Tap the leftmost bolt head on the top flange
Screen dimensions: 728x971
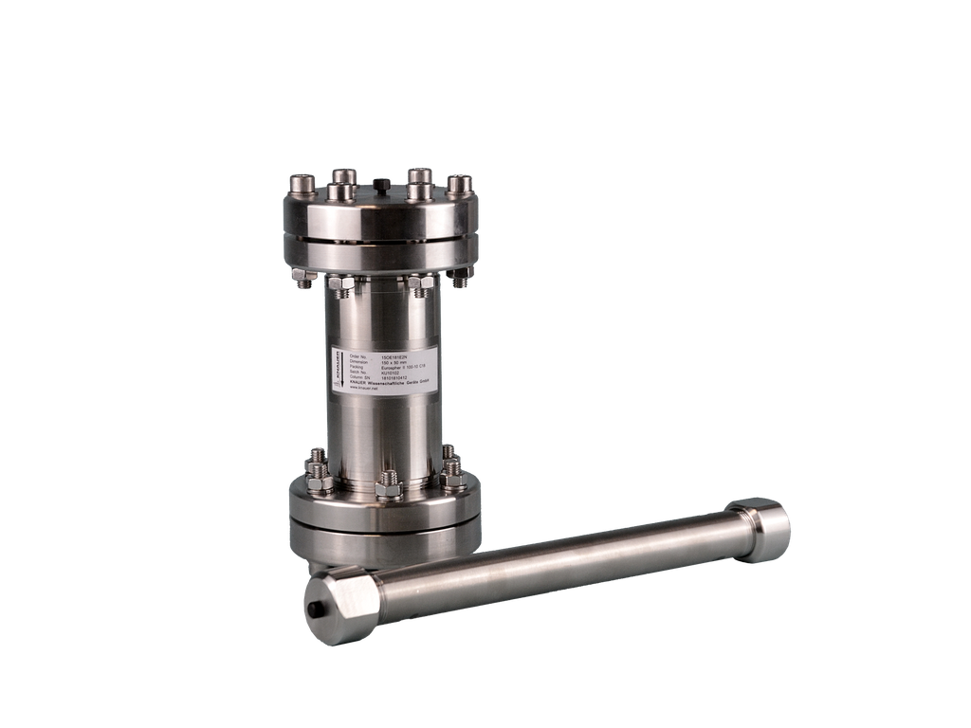point(302,181)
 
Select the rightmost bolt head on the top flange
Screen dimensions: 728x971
point(459,182)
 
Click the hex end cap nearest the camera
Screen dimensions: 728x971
point(341,604)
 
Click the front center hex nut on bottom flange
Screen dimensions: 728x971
point(388,487)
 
